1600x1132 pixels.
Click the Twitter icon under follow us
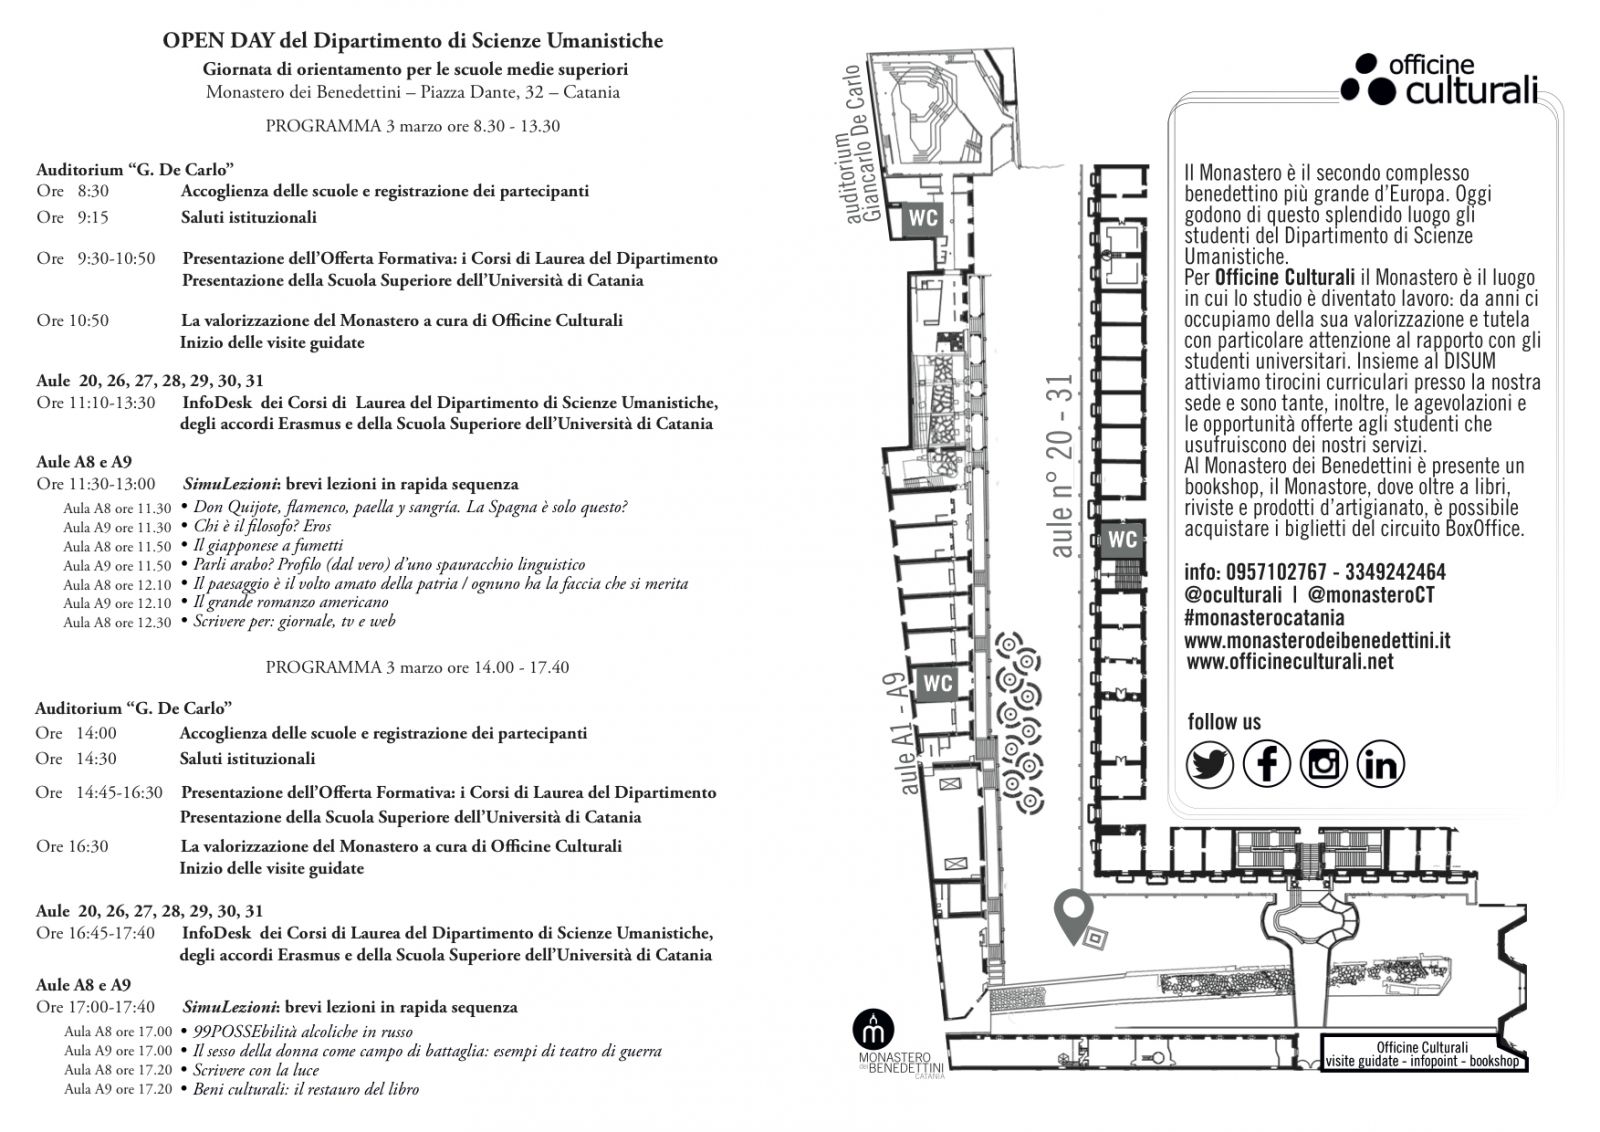1209,765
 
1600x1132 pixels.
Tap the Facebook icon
1266,765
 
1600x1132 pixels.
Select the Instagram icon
1323,765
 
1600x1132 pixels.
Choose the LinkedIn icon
1381,765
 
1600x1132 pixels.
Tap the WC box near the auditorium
922,219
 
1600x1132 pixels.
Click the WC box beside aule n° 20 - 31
1122,540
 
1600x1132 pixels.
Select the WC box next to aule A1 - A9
937,684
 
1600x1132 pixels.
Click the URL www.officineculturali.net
1289,661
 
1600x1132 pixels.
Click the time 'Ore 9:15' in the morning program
72,217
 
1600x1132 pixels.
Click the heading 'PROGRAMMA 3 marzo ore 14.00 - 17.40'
417,667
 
